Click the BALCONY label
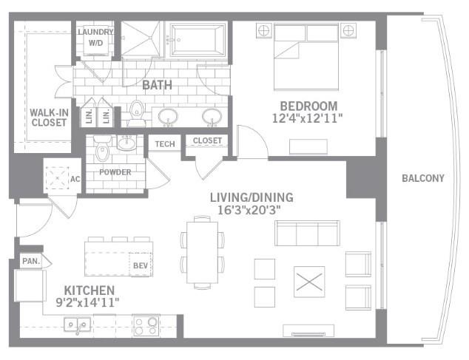pos(423,178)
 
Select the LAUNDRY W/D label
pos(96,37)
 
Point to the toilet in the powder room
pos(103,153)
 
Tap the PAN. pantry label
pos(30,261)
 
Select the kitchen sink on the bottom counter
pos(76,324)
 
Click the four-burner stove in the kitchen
pos(146,325)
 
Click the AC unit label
pos(74,178)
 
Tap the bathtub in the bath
pos(198,38)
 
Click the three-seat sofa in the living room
pos(308,233)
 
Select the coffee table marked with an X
pos(309,281)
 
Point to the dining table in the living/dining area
pos(202,251)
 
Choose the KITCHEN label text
pos(88,290)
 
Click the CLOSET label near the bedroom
pos(207,140)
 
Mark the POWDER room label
pos(115,173)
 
